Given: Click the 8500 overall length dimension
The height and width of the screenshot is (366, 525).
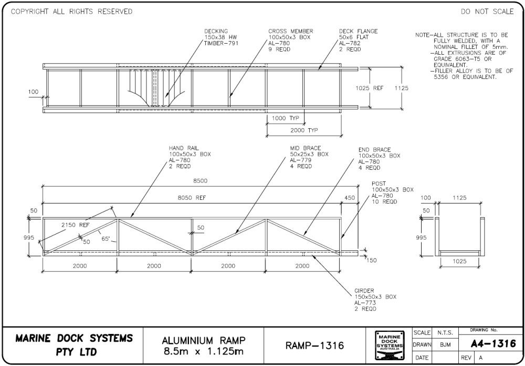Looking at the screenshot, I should pyautogui.click(x=200, y=181).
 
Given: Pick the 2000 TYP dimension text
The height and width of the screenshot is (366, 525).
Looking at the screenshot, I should pyautogui.click(x=304, y=130).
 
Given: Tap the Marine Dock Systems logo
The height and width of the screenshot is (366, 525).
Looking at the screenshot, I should pyautogui.click(x=389, y=345).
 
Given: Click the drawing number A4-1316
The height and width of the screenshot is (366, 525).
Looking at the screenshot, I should pyautogui.click(x=490, y=343).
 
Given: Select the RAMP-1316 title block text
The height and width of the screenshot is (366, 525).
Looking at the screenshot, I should pyautogui.click(x=314, y=345).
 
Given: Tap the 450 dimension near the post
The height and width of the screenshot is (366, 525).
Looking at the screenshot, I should pyautogui.click(x=350, y=198).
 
